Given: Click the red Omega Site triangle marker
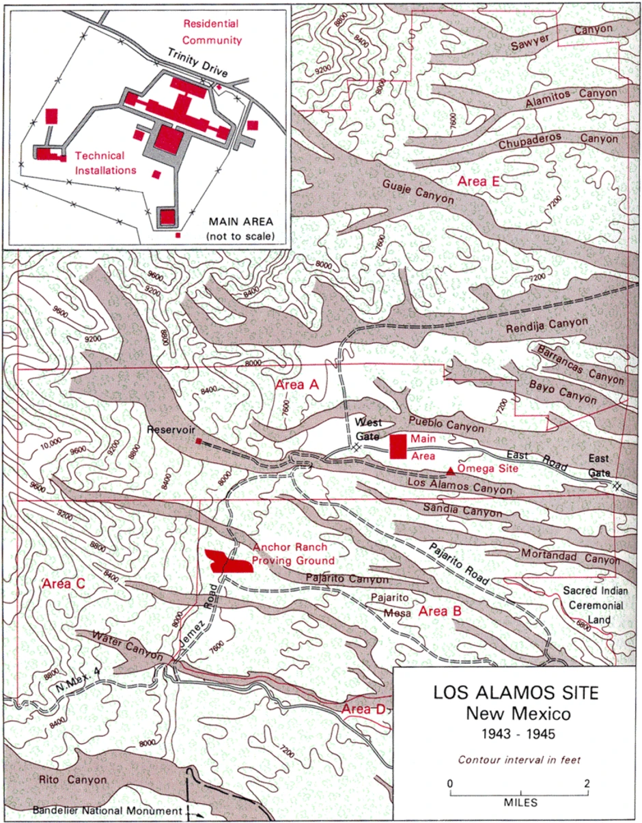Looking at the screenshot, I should point(451,470).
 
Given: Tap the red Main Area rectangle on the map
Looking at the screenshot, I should point(398,446).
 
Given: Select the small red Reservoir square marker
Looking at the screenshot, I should point(199,441).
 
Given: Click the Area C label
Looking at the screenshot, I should point(64,584).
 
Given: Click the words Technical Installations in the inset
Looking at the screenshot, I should point(105,163).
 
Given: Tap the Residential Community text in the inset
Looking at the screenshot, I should point(212,31).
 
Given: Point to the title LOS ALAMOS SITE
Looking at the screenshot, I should point(516,693).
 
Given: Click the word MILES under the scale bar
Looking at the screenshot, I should point(518,802).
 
